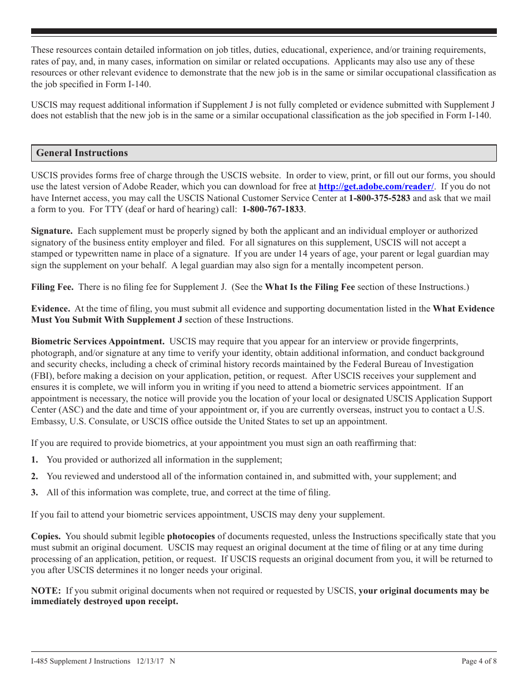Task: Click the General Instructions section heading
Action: coord(82,153)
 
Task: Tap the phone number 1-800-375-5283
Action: coord(380,198)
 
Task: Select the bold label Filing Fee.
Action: coord(52,287)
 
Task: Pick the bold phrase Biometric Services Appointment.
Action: coord(98,341)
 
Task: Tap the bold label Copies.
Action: coord(47,536)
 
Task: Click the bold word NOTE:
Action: coord(46,591)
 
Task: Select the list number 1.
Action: coord(34,460)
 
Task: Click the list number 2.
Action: coord(34,476)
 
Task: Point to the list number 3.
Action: coord(34,493)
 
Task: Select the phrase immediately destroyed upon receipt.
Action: coord(104,602)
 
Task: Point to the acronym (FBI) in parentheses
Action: coord(42,375)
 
